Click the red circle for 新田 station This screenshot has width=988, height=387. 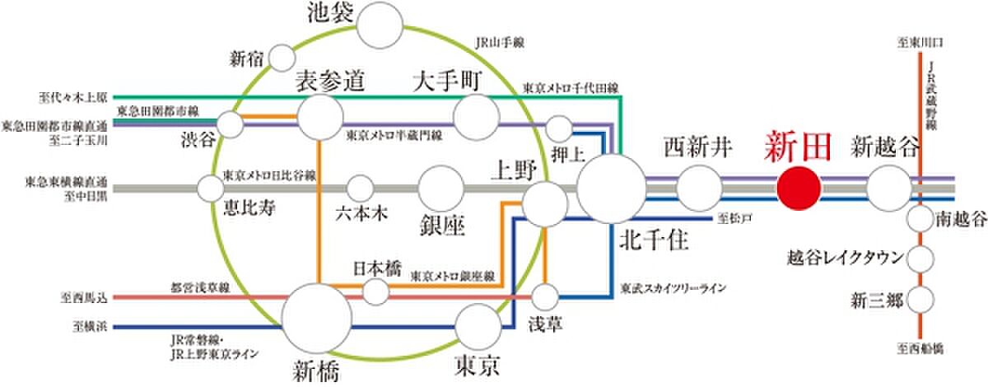799,189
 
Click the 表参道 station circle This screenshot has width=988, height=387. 320,117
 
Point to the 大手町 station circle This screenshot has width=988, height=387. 477,117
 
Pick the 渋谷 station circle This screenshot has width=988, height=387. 231,125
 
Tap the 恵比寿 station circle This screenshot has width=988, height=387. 211,189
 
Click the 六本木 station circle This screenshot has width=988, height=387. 360,189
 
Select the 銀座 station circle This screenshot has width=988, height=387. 441,189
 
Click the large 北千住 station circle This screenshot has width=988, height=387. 611,189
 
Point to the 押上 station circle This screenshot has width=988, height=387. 560,128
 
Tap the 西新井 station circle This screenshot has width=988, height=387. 698,189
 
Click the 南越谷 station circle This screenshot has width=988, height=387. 920,220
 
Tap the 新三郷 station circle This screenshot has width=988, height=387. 920,297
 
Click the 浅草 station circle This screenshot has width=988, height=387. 546,296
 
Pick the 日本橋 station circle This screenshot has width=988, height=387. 376,291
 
